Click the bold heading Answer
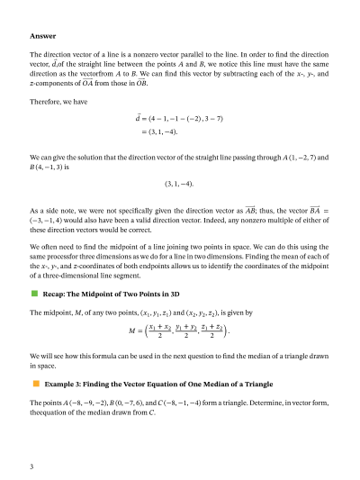pyautogui.click(x=42, y=37)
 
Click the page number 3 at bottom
pyautogui.click(x=31, y=466)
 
